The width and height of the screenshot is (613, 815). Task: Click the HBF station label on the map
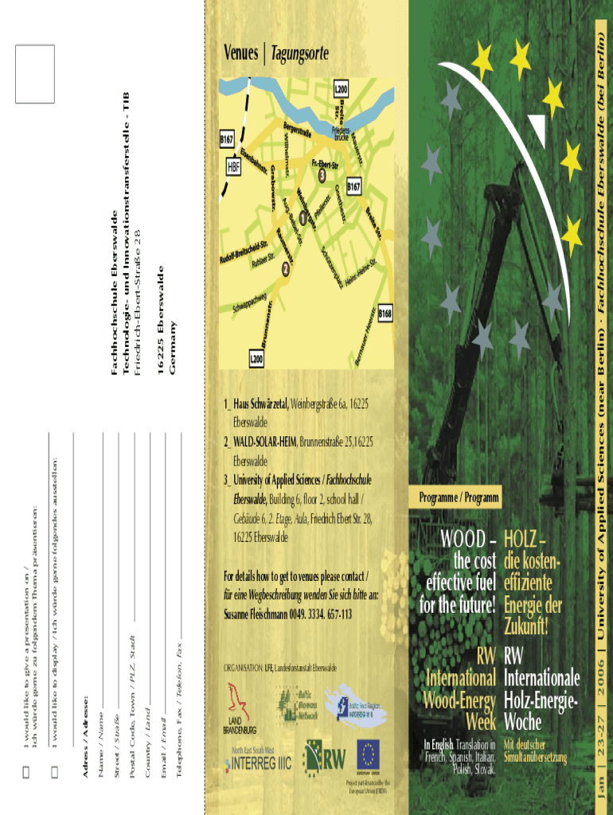tap(233, 168)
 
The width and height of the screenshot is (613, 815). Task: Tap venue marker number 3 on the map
tap(322, 174)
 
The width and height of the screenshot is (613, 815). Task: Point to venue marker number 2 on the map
tap(286, 270)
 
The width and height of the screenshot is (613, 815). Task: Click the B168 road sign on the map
tap(385, 315)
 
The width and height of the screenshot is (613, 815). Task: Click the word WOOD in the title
tap(463, 540)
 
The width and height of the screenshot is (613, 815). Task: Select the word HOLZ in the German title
tap(525, 540)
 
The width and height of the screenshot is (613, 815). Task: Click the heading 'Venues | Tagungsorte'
tap(275, 54)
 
